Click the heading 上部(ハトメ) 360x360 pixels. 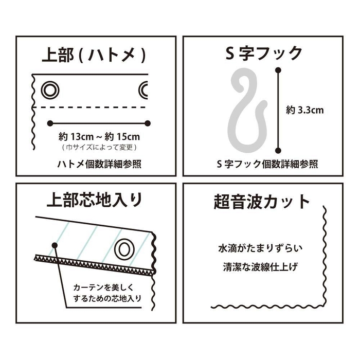(96, 53)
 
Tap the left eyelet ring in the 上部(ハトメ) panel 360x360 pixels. (50, 89)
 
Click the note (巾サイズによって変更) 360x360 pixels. (99, 148)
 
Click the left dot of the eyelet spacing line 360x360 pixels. (50, 123)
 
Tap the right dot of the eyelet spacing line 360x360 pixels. (148, 123)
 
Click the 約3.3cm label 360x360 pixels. (305, 110)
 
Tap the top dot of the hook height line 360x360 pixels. (278, 69)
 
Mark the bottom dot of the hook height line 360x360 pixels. (278, 150)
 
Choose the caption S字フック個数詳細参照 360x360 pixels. (267, 165)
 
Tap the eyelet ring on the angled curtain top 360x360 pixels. (124, 248)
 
